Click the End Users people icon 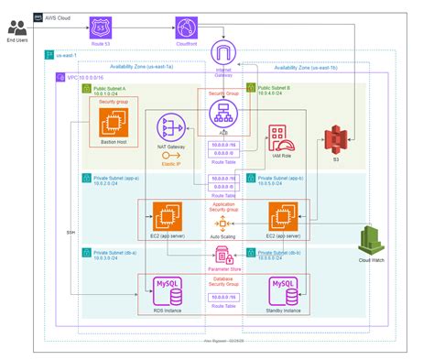pyautogui.click(x=16, y=27)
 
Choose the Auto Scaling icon pyautogui.click(x=220, y=224)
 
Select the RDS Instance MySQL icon pyautogui.click(x=168, y=291)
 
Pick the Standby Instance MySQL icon pyautogui.click(x=284, y=291)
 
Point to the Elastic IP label pyautogui.click(x=170, y=163)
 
